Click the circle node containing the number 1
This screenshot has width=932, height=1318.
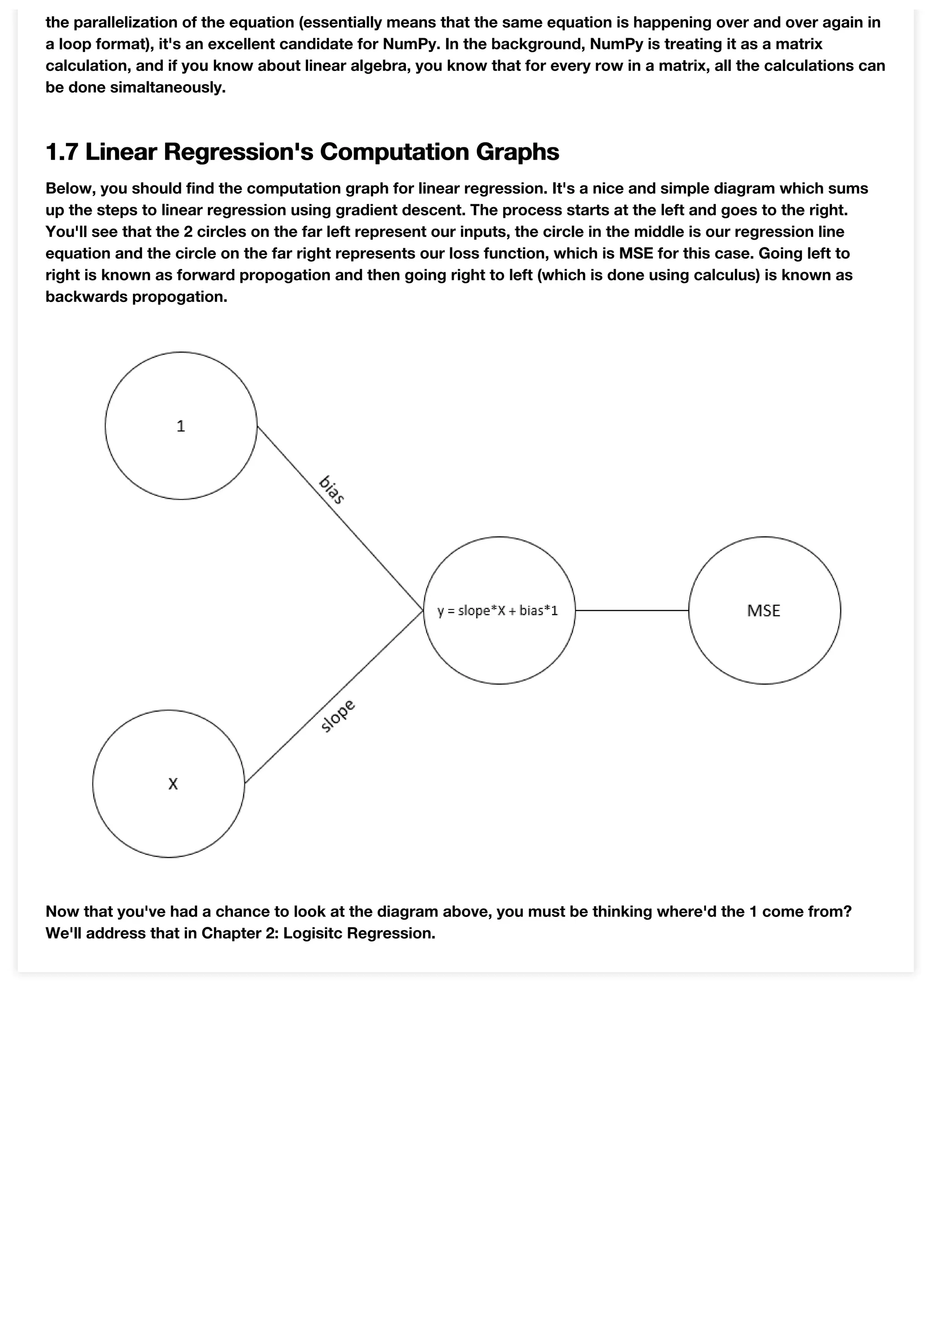pyautogui.click(x=181, y=426)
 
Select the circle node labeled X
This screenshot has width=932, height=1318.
pyautogui.click(x=169, y=784)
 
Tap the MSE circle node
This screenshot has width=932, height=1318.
pyautogui.click(x=765, y=610)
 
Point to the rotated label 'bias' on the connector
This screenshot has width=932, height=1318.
pyautogui.click(x=331, y=490)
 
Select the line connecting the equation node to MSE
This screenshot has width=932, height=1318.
pyautogui.click(x=632, y=610)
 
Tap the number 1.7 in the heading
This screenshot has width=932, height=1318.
pyautogui.click(x=61, y=151)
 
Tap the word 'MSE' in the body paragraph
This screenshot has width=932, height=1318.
pyautogui.click(x=636, y=253)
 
